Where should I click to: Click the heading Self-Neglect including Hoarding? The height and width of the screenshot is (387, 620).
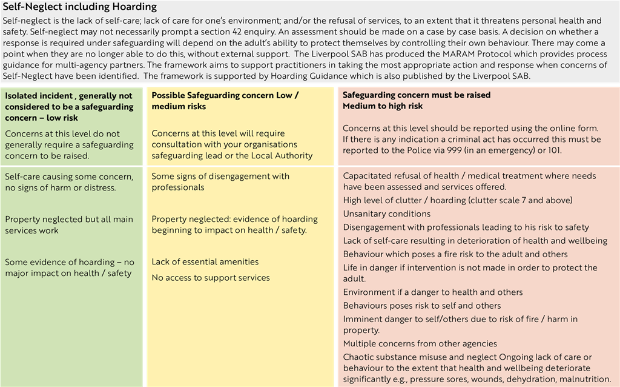click(79, 7)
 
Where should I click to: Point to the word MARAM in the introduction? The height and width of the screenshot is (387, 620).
click(458, 53)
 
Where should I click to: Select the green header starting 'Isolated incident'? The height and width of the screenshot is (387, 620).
click(69, 106)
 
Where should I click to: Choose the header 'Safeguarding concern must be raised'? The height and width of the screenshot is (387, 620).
click(417, 95)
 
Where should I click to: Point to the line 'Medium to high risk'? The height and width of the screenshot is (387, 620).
click(383, 106)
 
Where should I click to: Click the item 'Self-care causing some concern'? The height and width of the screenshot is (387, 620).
click(69, 177)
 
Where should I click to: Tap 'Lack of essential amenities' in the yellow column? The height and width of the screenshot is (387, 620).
click(205, 262)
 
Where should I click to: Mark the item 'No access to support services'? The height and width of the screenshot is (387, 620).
click(211, 278)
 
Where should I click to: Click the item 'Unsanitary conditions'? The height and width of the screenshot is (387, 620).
click(387, 214)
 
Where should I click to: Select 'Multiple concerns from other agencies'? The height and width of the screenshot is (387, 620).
click(420, 344)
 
